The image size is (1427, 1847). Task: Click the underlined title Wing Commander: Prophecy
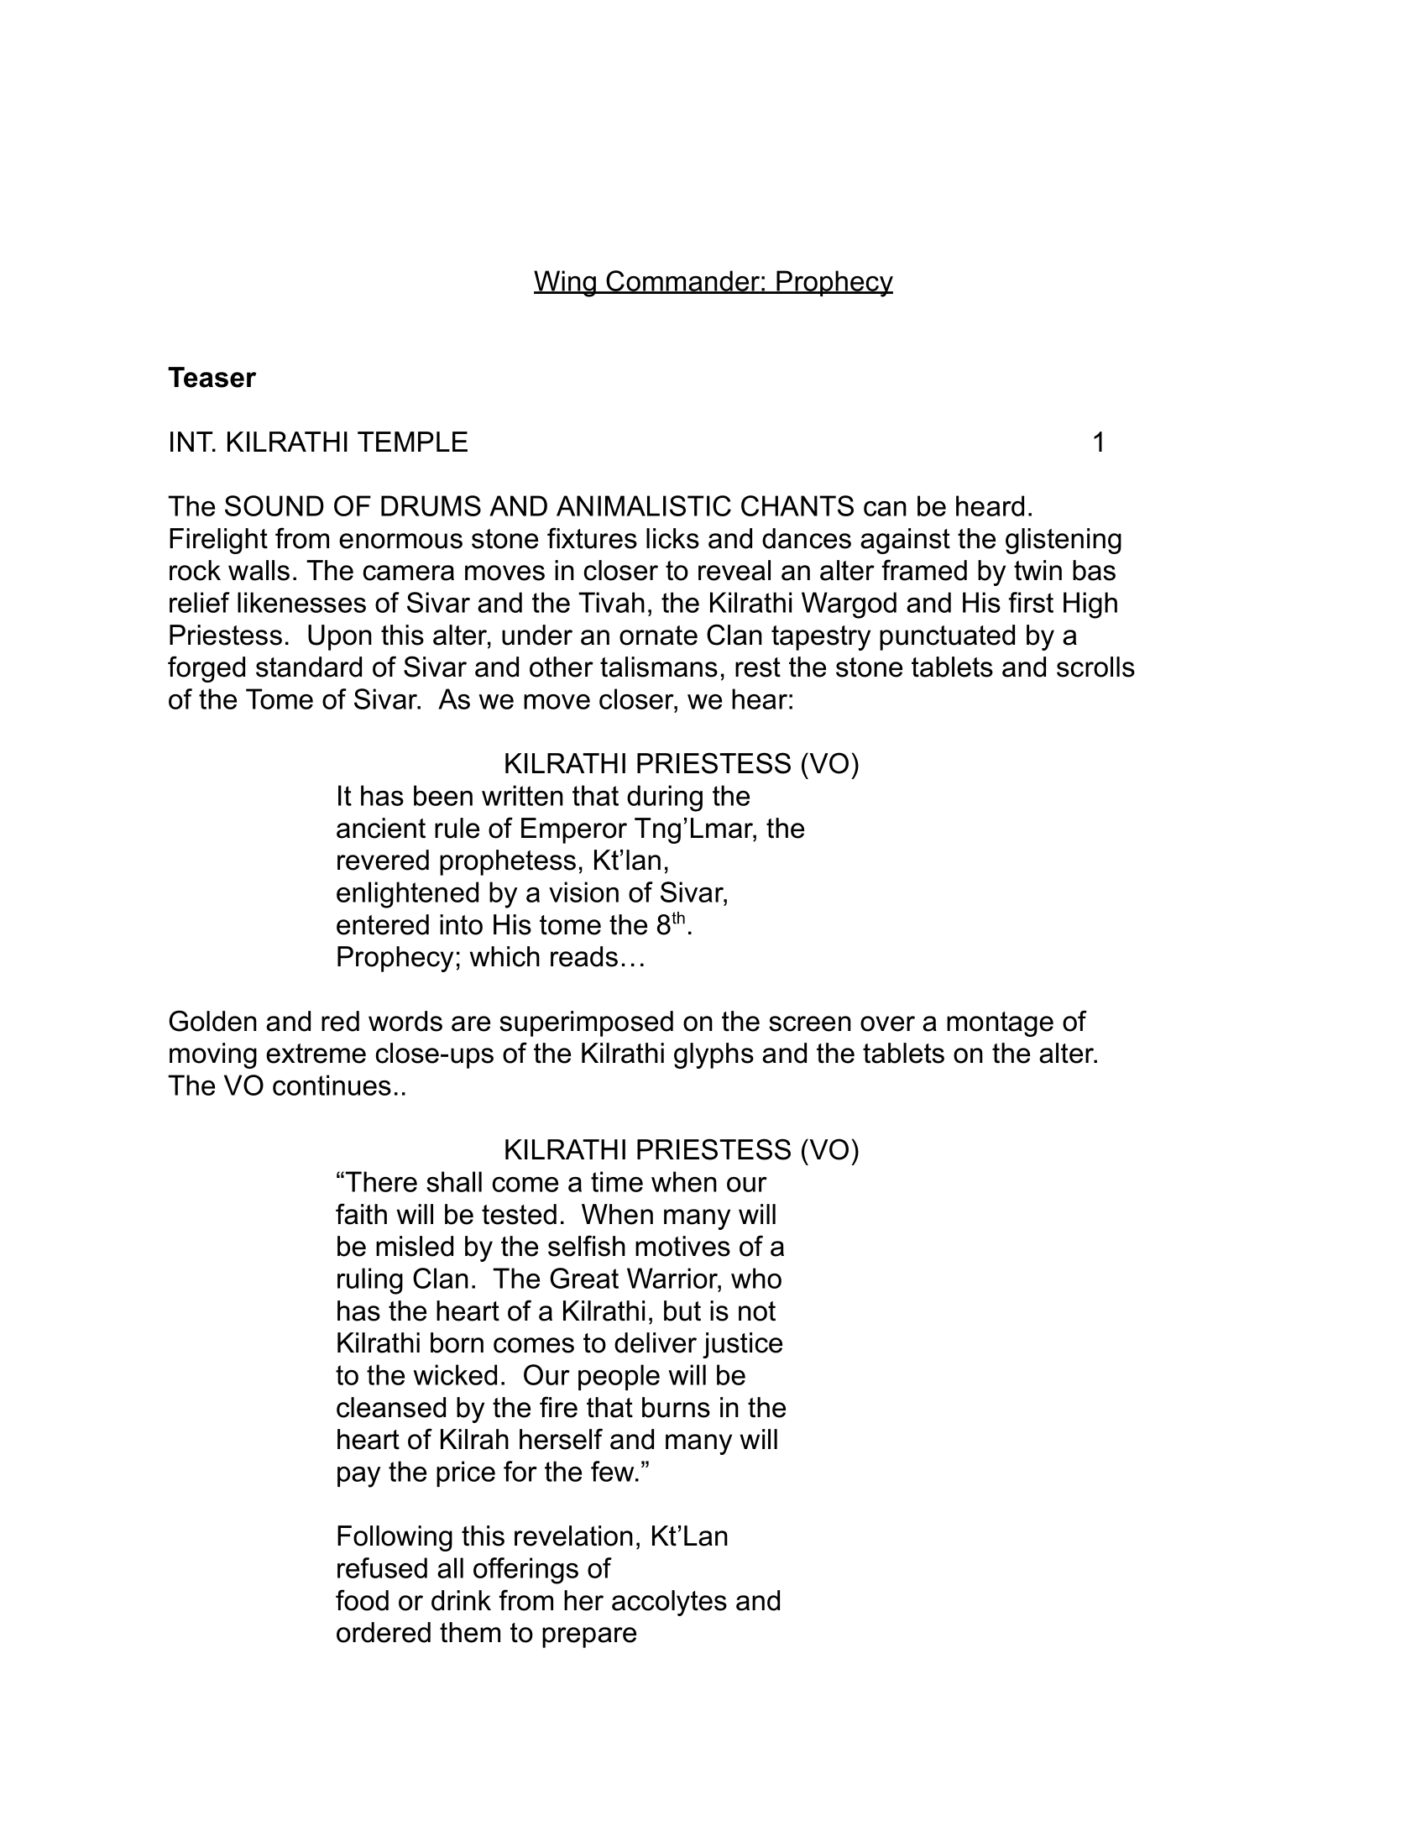713,281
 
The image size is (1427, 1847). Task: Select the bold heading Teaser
212,378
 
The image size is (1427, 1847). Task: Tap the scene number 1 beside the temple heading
1098,442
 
